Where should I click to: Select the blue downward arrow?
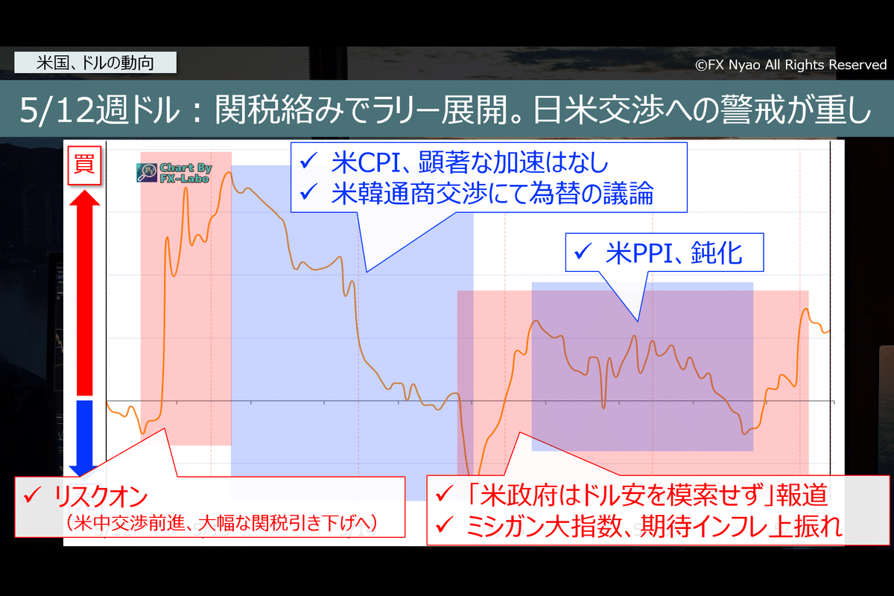(84, 436)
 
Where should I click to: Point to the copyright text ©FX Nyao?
(790, 65)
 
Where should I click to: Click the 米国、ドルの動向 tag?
(95, 63)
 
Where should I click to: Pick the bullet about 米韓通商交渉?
(492, 194)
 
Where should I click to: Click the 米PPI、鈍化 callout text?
(673, 254)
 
